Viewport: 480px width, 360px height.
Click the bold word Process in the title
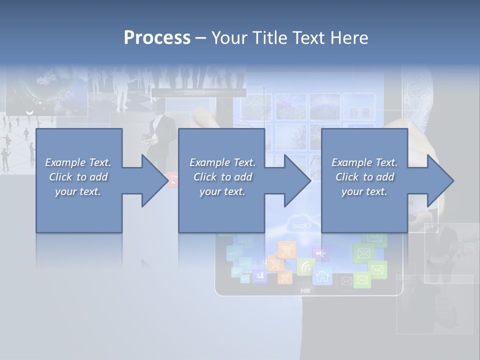point(157,38)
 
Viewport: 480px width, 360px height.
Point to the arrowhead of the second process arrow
point(297,180)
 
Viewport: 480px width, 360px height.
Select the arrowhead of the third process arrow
point(440,180)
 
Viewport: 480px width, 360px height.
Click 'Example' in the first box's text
point(65,162)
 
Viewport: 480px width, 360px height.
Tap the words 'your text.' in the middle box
point(222,191)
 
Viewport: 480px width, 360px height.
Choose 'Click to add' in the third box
point(364,177)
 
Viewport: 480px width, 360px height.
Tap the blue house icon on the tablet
point(322,275)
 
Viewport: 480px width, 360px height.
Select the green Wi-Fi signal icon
point(305,266)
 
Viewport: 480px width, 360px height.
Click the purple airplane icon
point(320,253)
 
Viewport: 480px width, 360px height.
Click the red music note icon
point(173,179)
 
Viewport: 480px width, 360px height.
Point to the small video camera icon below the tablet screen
point(305,290)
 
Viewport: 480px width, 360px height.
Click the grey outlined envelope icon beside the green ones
point(346,281)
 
